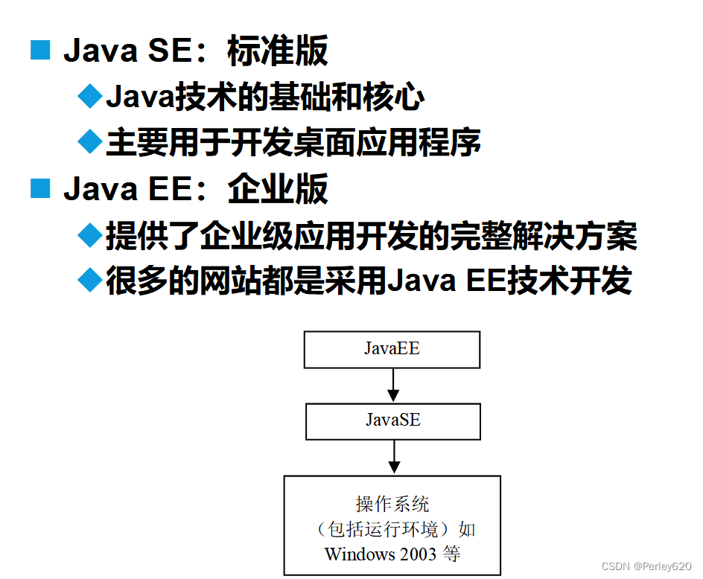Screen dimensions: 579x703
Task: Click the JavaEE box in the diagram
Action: tap(392, 350)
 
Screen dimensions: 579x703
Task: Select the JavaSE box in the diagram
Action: tap(392, 421)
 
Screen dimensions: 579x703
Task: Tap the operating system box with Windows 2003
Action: tap(392, 525)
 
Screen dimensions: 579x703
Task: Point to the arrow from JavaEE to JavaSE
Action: tap(393, 386)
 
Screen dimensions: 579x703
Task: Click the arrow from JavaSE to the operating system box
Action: tap(393, 457)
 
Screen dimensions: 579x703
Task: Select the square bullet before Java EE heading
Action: tap(39, 188)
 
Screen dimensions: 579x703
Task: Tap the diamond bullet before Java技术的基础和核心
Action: tap(90, 97)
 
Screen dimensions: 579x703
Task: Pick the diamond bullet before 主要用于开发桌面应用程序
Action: tap(90, 141)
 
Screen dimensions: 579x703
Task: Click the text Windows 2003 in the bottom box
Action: tap(381, 554)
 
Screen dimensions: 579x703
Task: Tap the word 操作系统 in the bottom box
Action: tap(392, 505)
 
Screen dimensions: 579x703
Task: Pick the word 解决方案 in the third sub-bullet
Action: tap(574, 236)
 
